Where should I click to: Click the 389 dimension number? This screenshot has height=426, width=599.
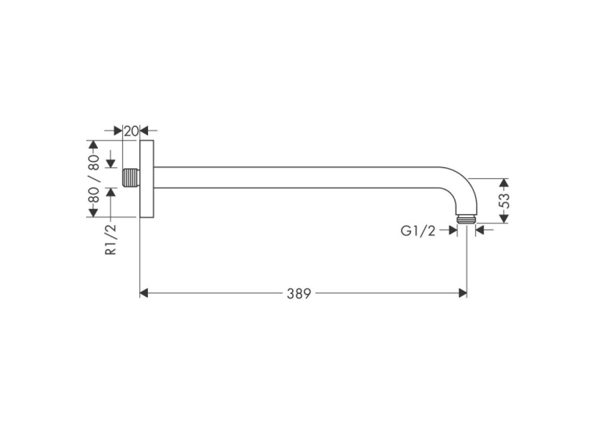tap(299, 293)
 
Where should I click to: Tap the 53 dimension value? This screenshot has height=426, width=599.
tap(504, 201)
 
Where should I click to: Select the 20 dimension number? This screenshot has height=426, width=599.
tap(131, 131)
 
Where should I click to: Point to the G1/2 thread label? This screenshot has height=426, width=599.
tap(417, 231)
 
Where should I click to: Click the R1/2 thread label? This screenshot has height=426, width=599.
tap(110, 239)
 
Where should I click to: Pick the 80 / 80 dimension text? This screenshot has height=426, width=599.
tap(94, 178)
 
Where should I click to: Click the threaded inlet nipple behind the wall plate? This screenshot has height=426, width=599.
tap(131, 177)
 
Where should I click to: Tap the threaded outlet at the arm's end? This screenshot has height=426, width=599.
tap(467, 219)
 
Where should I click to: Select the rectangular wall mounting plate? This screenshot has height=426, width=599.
tap(146, 179)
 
